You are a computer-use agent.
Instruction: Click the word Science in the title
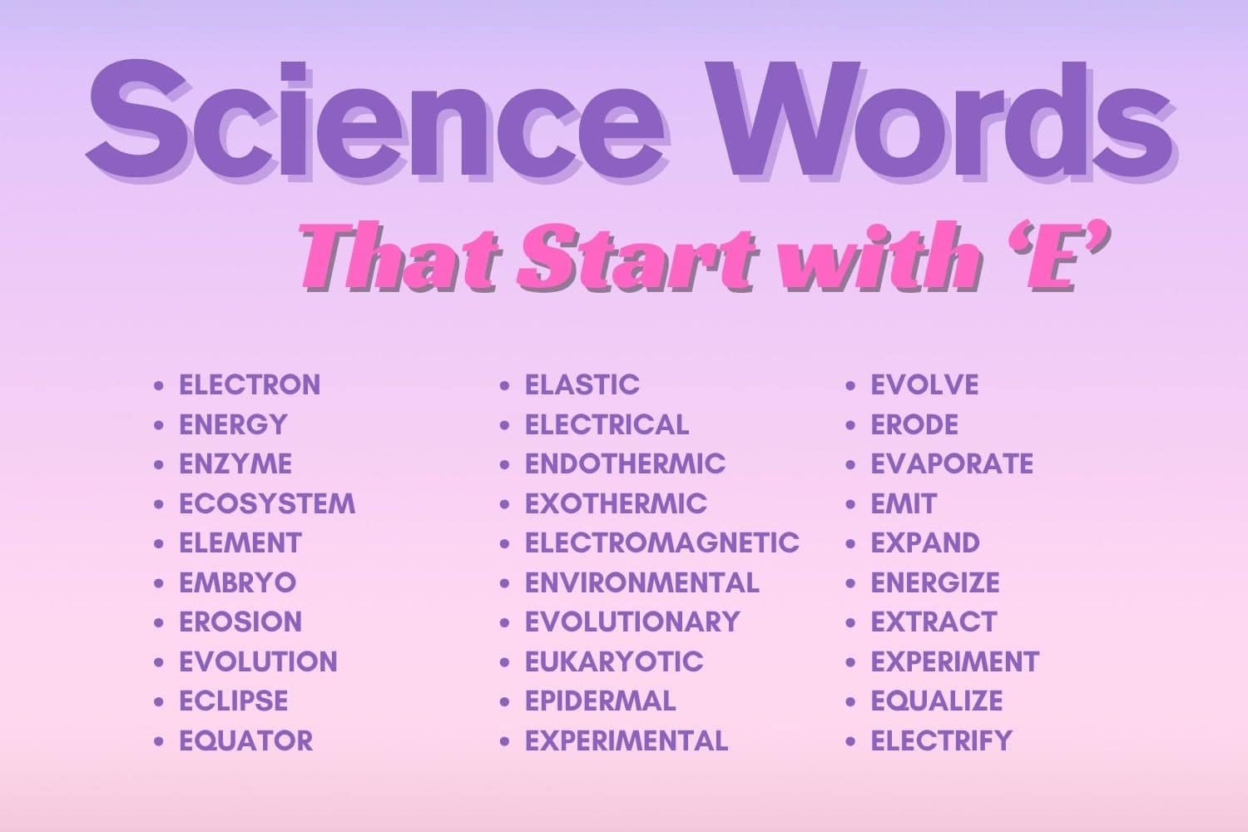pyautogui.click(x=374, y=116)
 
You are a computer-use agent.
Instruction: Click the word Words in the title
pyautogui.click(x=940, y=116)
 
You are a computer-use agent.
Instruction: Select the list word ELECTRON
pyautogui.click(x=250, y=384)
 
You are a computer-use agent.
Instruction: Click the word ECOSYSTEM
pyautogui.click(x=267, y=503)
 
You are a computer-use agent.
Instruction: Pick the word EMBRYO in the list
pyautogui.click(x=237, y=582)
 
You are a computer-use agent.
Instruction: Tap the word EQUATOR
pyautogui.click(x=246, y=740)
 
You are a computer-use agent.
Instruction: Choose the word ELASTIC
pyautogui.click(x=582, y=384)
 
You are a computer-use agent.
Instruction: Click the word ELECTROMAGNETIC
pyautogui.click(x=661, y=542)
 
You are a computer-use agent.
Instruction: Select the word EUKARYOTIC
pyautogui.click(x=614, y=661)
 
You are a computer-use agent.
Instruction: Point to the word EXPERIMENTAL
pyautogui.click(x=626, y=740)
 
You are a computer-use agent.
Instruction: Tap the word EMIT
pyautogui.click(x=904, y=503)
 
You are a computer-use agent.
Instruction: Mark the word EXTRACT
pyautogui.click(x=934, y=622)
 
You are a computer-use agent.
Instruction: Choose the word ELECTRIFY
pyautogui.click(x=941, y=740)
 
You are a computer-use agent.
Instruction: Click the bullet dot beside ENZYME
pyautogui.click(x=159, y=464)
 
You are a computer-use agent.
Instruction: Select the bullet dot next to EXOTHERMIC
pyautogui.click(x=505, y=504)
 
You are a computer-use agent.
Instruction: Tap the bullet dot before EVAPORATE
pyautogui.click(x=850, y=464)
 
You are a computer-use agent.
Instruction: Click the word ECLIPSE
pyautogui.click(x=234, y=701)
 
